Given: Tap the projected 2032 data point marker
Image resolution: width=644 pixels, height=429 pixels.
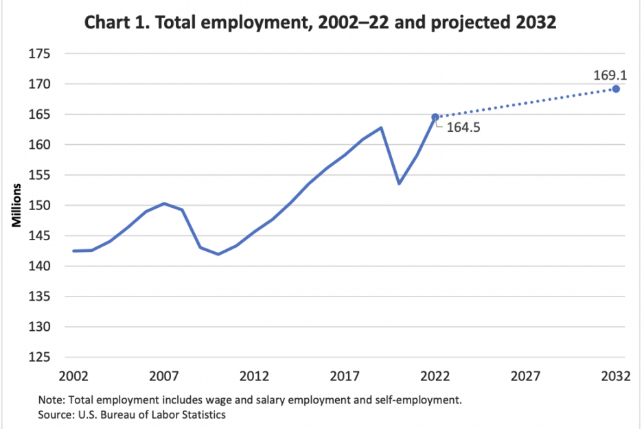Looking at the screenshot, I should (616, 89).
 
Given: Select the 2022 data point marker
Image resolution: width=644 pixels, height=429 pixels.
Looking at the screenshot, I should (435, 117).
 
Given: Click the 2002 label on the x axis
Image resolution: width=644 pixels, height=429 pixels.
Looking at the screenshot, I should (73, 376).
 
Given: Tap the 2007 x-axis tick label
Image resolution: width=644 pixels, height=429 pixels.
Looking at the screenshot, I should (164, 376).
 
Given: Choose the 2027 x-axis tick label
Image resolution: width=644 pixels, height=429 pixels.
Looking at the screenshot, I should (525, 376).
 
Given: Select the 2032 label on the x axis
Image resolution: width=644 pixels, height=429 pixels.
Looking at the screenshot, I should (616, 376).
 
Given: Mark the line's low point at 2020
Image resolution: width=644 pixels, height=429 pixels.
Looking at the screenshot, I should (399, 183).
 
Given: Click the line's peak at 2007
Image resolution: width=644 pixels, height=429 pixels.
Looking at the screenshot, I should (164, 203).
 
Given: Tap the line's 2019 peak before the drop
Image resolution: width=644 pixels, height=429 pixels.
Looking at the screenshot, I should (381, 128).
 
